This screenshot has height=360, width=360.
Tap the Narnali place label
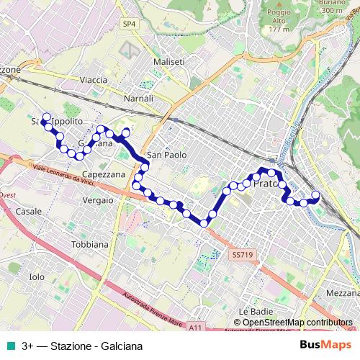tap(138, 98)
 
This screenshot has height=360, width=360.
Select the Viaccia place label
tap(94, 79)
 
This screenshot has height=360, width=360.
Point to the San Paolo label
tap(166, 155)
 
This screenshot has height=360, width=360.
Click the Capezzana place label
tap(104, 174)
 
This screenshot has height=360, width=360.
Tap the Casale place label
tap(28, 212)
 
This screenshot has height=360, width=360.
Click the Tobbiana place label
tap(89, 244)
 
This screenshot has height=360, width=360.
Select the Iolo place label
tap(36, 276)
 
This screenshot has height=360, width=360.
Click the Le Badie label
tap(253, 310)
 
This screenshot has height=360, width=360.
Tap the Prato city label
tap(266, 184)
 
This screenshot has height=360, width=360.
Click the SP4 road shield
tap(129, 24)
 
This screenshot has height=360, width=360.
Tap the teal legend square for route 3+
tap(11, 346)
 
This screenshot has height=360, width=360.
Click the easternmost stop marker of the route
tap(315, 194)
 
